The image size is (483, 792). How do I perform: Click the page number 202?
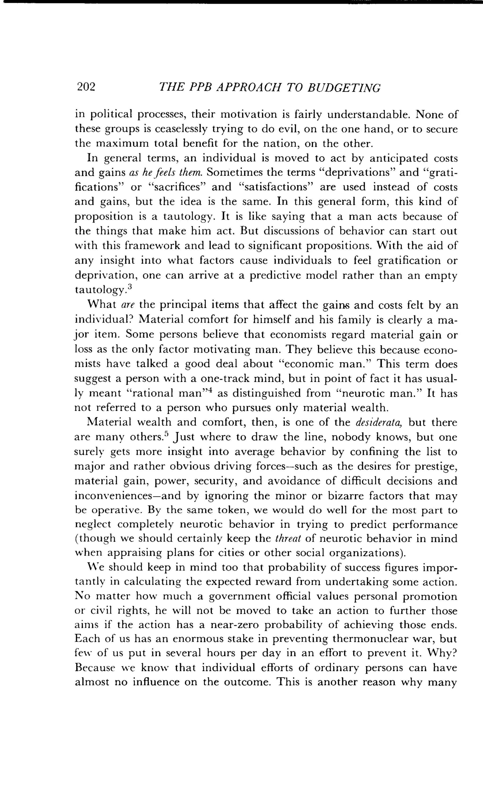(86, 87)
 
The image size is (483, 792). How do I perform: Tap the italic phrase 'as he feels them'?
(165, 173)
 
